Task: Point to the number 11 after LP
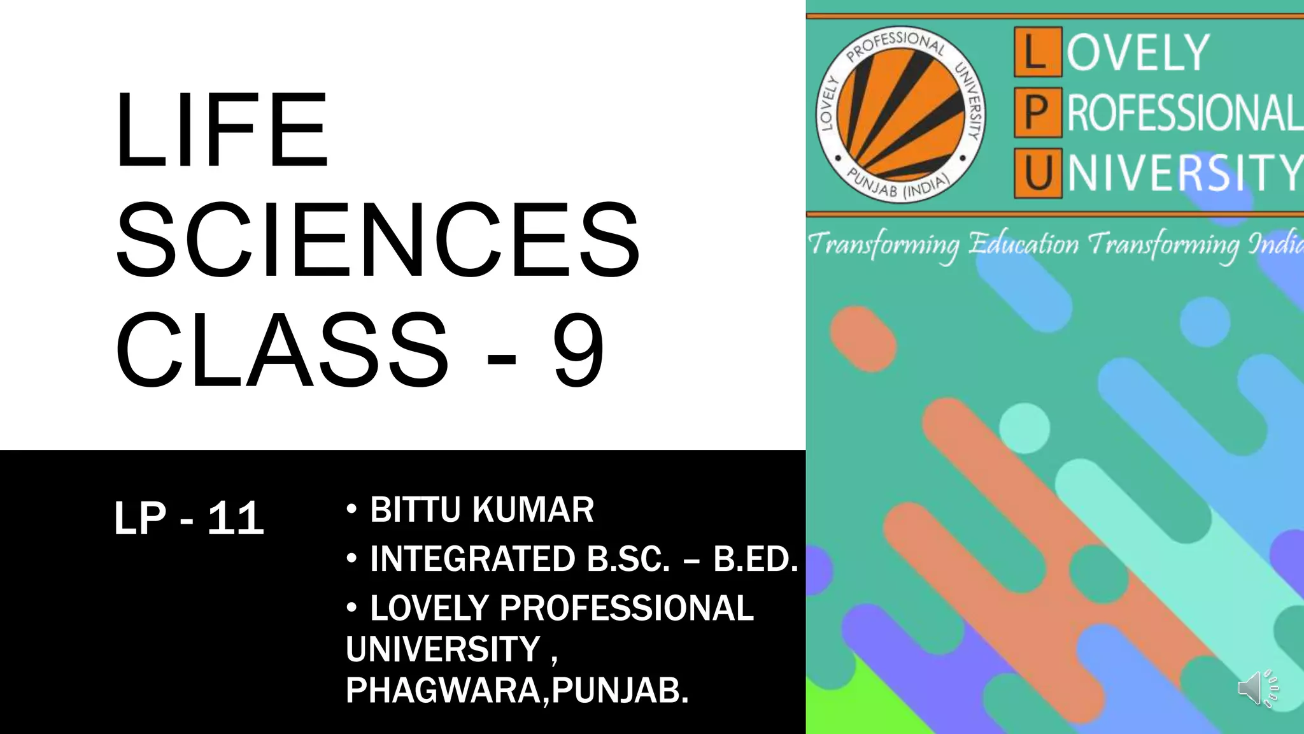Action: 236,518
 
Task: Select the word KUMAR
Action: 534,510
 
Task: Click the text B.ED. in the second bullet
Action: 756,559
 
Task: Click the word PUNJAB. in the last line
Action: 620,690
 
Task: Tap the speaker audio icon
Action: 1257,688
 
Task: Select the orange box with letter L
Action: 1038,52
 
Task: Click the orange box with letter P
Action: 1038,113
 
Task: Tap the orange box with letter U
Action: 1038,173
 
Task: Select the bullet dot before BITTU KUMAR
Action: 351,510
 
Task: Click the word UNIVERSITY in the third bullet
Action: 443,649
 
